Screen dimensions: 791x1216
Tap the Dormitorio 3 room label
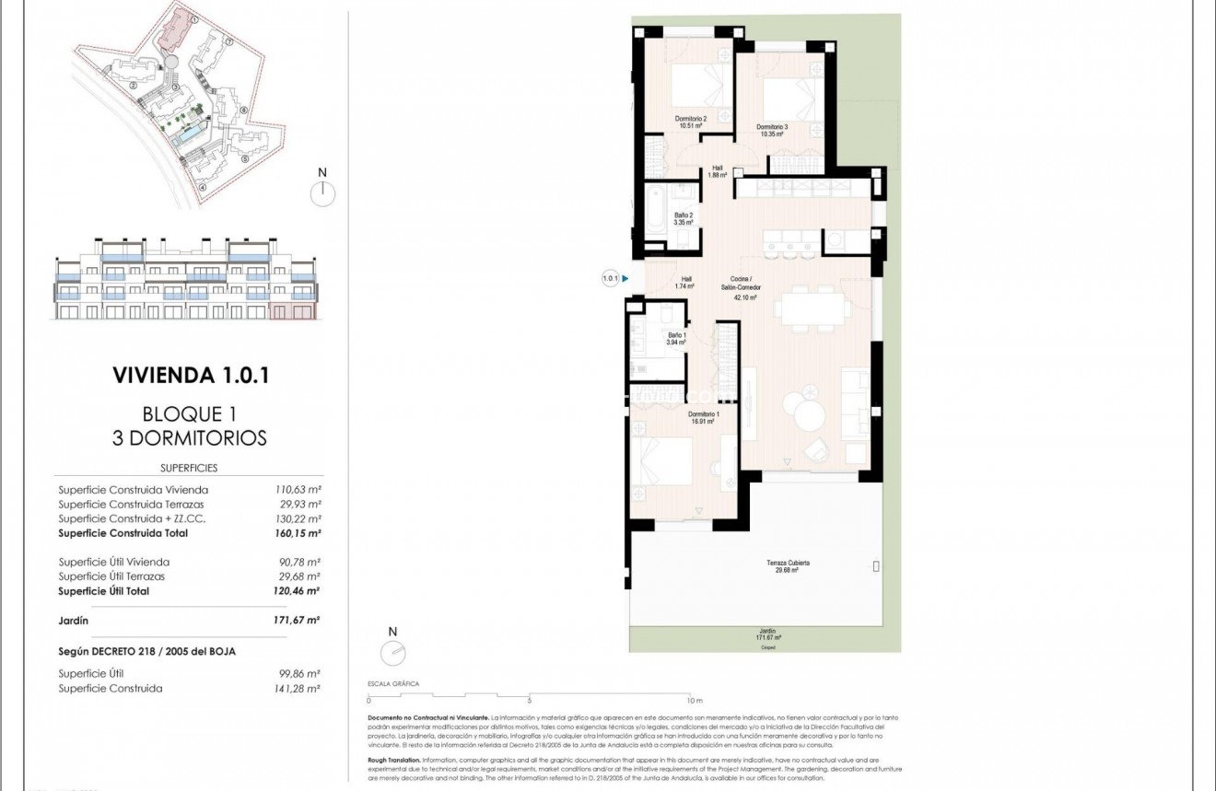point(772,130)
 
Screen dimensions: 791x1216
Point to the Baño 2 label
point(683,218)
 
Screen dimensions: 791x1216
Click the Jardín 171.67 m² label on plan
point(766,634)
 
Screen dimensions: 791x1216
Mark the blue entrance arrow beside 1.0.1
point(626,278)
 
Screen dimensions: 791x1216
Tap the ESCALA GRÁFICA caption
point(392,684)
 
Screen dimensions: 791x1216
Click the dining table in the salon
point(811,308)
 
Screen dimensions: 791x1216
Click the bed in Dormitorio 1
point(661,460)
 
